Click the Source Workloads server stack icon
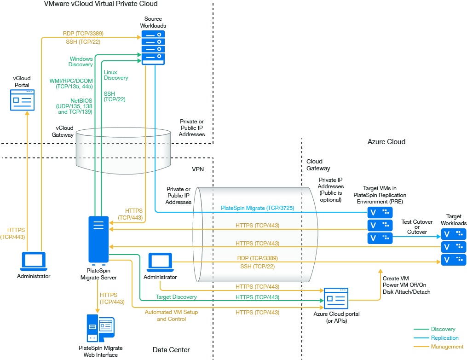[153, 47]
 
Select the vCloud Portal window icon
[22, 100]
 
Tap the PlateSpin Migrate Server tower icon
[98, 239]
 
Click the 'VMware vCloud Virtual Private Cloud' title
[100, 4]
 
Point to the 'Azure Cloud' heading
[386, 142]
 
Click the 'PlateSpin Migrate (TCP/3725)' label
[257, 208]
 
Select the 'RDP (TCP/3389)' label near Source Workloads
[83, 34]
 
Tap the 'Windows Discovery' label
[81, 62]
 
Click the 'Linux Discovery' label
[115, 75]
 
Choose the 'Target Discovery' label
[176, 297]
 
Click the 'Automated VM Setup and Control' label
[171, 315]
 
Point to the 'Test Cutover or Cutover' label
[417, 227]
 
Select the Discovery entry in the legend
[443, 329]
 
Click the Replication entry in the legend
[444, 338]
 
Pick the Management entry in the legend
[447, 347]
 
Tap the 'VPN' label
[198, 169]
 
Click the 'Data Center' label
[171, 350]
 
